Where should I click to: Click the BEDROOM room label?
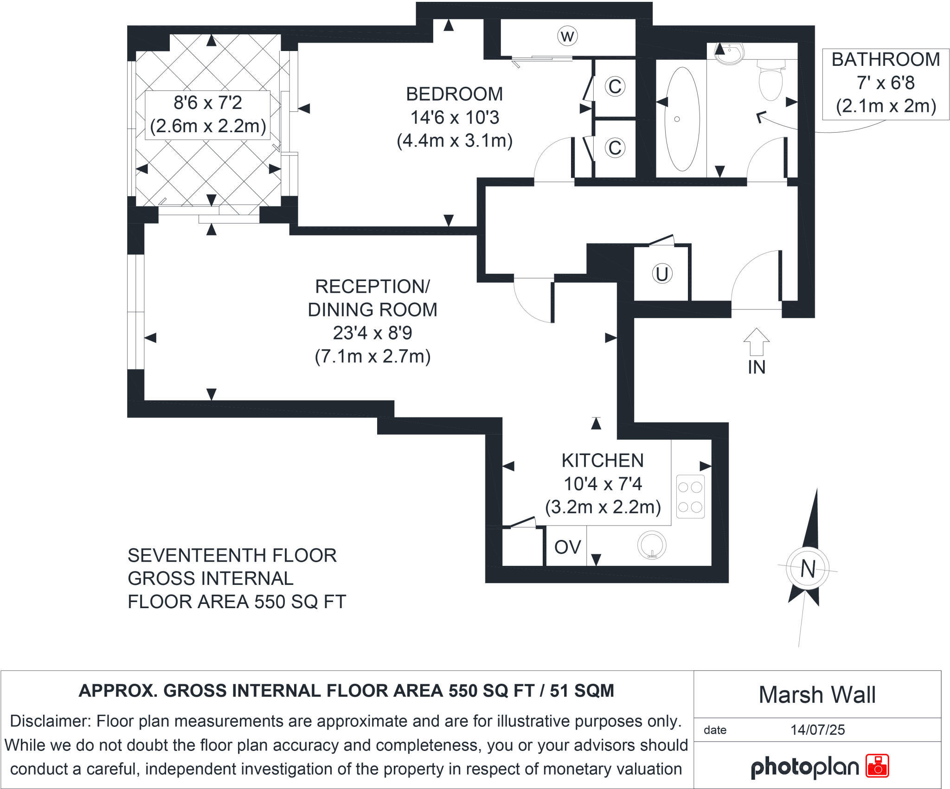[x=454, y=94]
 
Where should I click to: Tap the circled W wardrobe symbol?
[x=567, y=36]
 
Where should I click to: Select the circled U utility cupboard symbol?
[x=662, y=274]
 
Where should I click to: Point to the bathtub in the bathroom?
[x=682, y=119]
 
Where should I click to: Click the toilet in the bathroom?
[x=770, y=81]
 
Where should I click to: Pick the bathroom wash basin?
[x=730, y=52]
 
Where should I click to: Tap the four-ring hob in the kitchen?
[x=690, y=496]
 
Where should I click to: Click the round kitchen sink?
[x=652, y=545]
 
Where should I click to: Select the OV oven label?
[x=567, y=547]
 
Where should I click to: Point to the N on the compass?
[x=808, y=568]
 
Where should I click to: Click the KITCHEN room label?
[x=603, y=461]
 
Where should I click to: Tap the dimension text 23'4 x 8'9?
[x=372, y=333]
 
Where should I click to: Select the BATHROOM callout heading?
[x=886, y=60]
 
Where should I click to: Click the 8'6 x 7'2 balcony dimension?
[x=208, y=103]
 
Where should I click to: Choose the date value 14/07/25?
[x=817, y=730]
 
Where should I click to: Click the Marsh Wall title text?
[x=817, y=695]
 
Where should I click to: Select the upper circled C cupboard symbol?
[x=615, y=86]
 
